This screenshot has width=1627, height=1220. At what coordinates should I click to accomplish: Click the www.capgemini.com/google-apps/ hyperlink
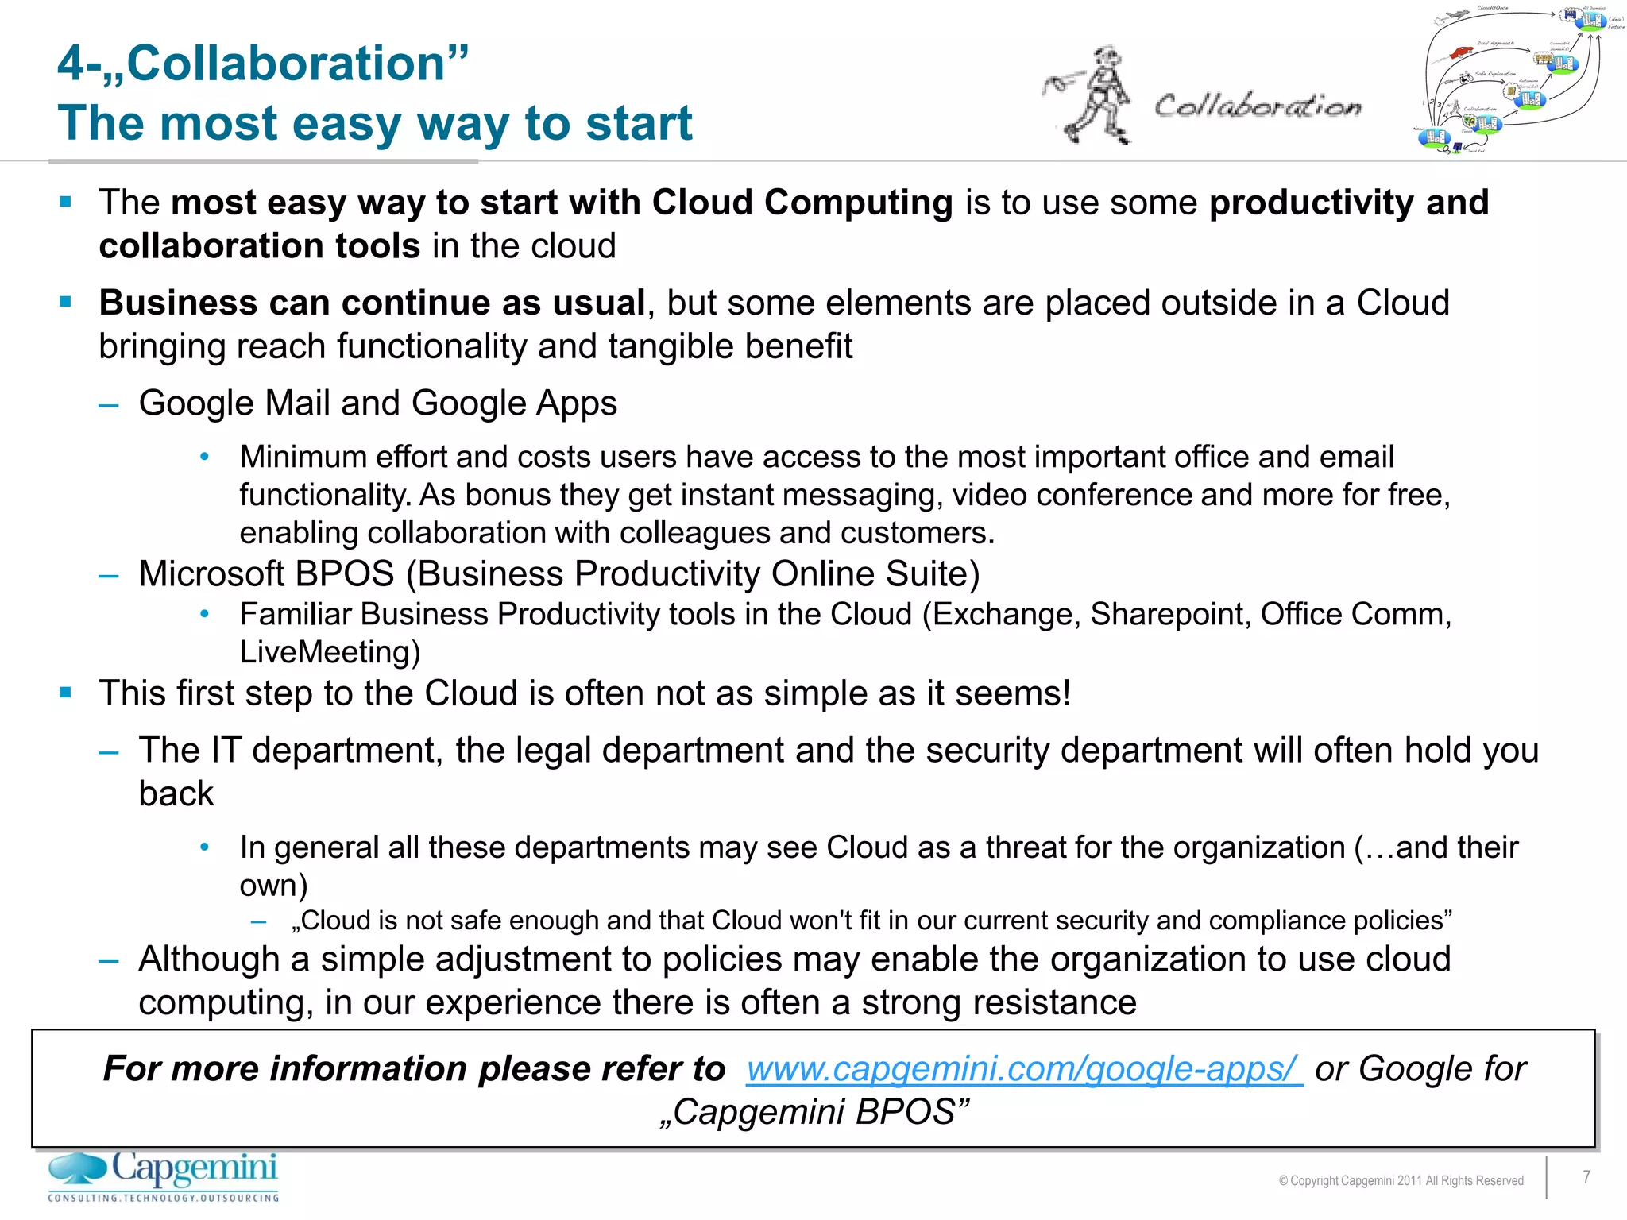click(1023, 1069)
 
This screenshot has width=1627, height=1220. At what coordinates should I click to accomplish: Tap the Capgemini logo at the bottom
click(164, 1176)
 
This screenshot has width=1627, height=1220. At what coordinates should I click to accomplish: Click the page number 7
click(1586, 1177)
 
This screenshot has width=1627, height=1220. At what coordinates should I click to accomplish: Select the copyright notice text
click(1401, 1180)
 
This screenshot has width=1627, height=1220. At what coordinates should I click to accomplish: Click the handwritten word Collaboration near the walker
click(1257, 106)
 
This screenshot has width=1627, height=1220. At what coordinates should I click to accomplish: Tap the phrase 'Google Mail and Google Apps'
click(377, 403)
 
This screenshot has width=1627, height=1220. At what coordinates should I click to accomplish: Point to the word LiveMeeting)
click(330, 652)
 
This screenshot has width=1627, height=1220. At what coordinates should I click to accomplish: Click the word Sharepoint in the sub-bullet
click(1169, 615)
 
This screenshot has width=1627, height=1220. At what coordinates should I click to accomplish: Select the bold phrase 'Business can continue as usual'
click(372, 303)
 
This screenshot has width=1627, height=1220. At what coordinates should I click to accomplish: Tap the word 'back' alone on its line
click(176, 794)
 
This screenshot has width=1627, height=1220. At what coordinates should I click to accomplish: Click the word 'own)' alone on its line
click(273, 886)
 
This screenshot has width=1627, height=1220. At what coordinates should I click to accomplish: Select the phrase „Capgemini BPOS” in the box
click(814, 1112)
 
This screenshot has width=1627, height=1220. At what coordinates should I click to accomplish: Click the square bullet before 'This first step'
click(66, 693)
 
